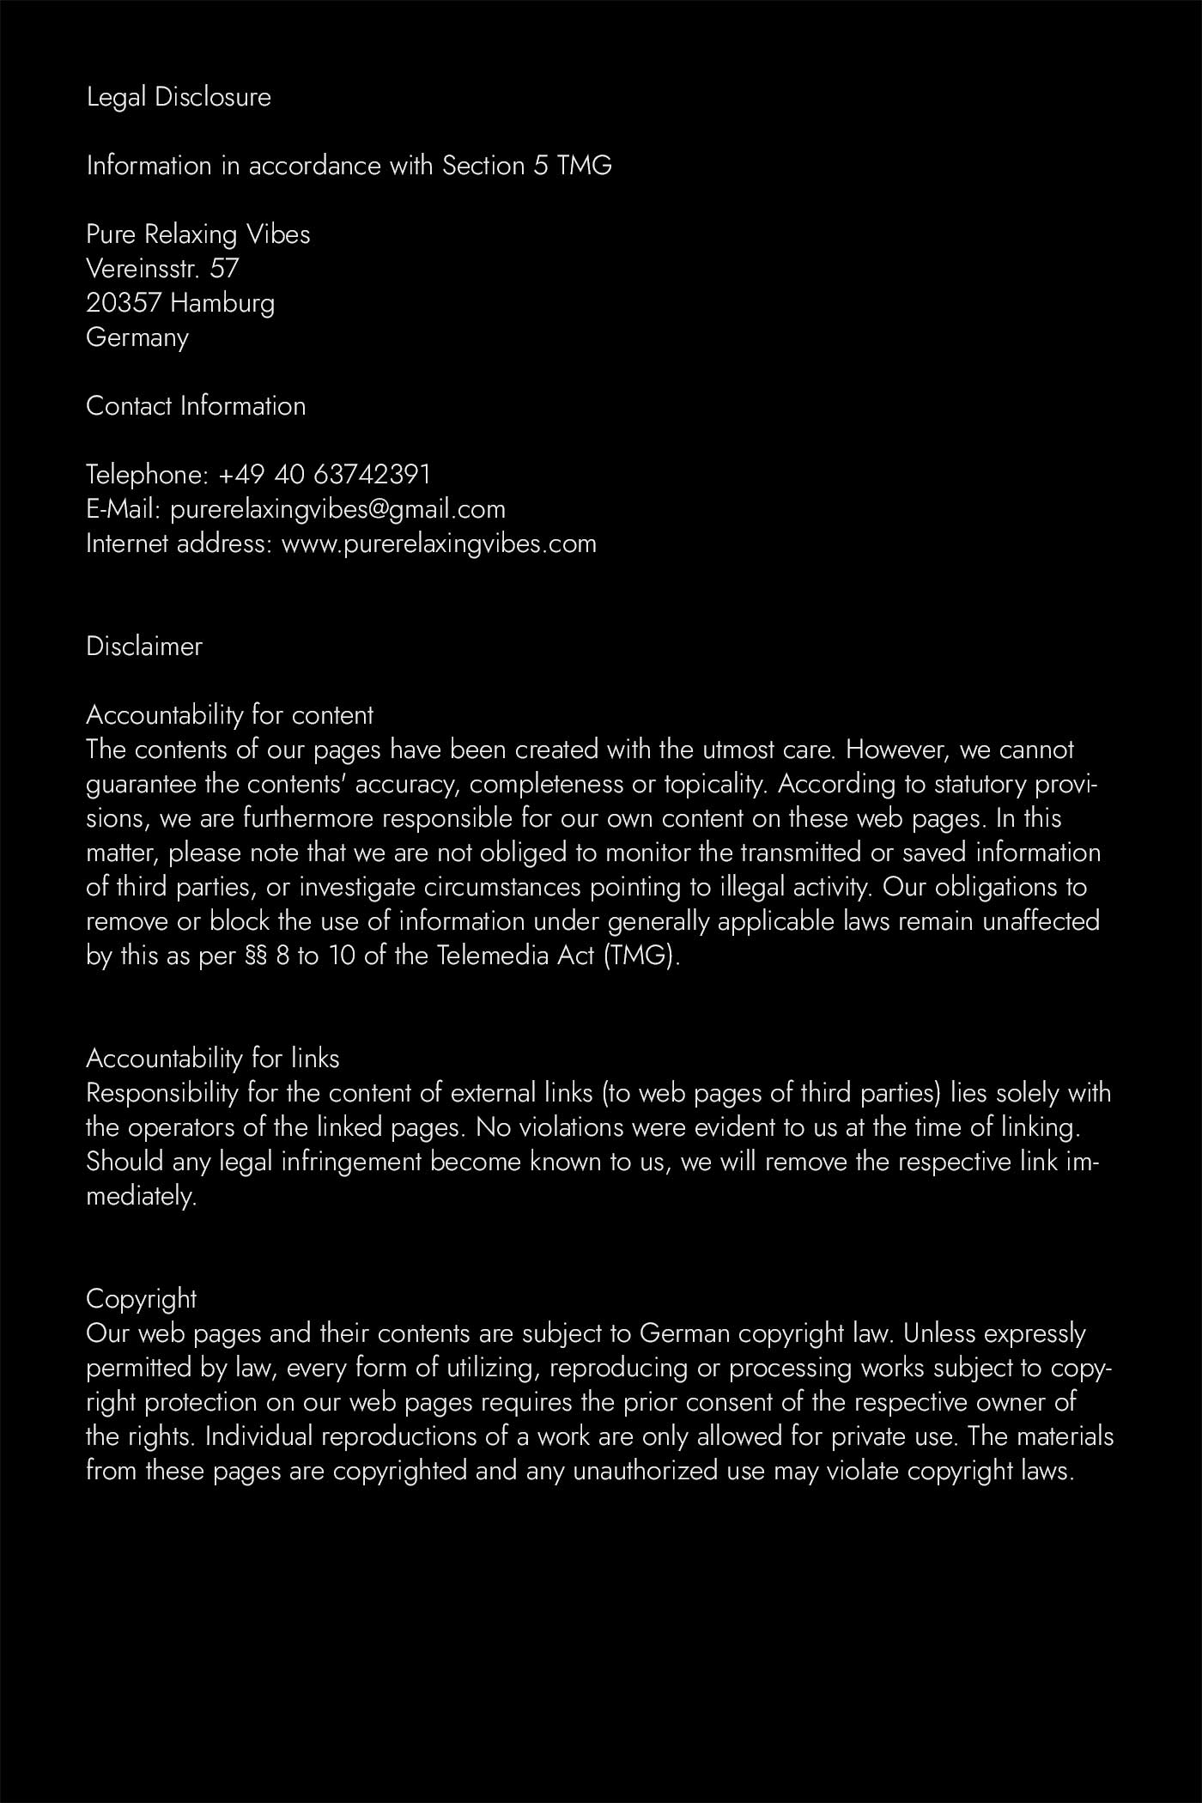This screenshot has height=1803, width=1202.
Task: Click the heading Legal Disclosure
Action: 179,98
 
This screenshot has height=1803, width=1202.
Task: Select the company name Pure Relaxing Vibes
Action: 197,234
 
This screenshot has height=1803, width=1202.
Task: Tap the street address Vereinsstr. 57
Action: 162,269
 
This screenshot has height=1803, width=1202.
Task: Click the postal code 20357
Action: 124,303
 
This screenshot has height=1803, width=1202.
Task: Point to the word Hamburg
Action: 222,303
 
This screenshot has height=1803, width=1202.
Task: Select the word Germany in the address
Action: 137,337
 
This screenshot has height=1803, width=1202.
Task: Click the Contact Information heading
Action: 196,406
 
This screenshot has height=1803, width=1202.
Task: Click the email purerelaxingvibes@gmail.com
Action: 337,509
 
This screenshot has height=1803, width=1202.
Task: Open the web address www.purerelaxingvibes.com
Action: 439,543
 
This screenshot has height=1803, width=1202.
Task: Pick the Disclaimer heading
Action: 144,647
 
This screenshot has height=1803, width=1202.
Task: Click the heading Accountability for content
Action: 229,715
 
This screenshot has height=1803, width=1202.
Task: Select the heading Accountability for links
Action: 213,1059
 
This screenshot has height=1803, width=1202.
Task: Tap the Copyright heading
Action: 142,1299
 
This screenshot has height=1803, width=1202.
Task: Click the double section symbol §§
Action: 256,956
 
